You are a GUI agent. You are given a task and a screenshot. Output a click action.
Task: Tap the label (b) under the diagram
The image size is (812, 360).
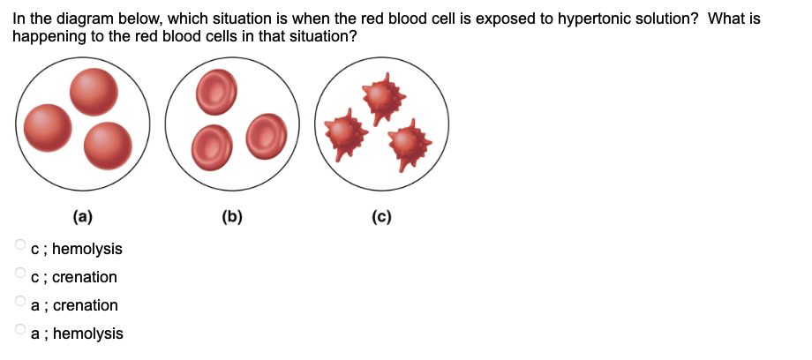point(234,214)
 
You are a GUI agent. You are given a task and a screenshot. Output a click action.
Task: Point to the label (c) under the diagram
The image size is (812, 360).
point(381,214)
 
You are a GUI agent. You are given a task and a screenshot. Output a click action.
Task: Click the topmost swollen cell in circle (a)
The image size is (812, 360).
point(93,91)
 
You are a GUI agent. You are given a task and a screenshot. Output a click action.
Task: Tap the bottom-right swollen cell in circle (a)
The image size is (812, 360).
point(109,145)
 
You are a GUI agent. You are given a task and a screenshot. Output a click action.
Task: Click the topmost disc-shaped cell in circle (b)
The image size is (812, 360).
point(215,92)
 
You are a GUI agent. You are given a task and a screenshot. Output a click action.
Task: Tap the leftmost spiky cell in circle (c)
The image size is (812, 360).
point(344,132)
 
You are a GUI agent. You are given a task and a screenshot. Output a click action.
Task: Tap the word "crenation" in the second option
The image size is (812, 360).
point(85,277)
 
